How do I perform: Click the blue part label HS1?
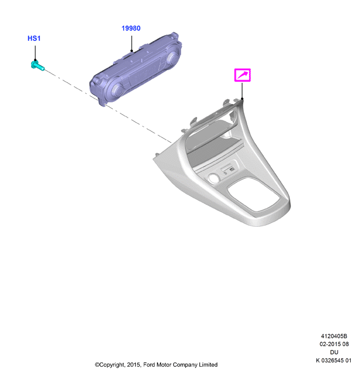tap(34, 39)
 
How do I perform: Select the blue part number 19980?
tap(131, 28)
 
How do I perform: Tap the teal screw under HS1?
tap(37, 66)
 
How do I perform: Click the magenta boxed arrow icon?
tap(242, 75)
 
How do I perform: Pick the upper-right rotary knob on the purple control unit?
tap(173, 58)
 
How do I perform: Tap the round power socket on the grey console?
tap(214, 178)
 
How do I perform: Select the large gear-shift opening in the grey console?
tap(254, 194)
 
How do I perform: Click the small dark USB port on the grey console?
tap(232, 169)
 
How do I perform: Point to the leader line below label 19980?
tap(132, 43)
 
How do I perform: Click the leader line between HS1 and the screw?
tap(35, 53)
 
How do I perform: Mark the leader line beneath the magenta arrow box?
tap(242, 90)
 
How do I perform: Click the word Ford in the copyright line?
tap(149, 364)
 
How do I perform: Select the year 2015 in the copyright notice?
tap(133, 364)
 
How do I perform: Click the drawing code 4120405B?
tap(334, 336)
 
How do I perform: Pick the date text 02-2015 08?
tap(334, 344)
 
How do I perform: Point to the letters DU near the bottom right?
tap(334, 352)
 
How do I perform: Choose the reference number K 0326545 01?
tap(334, 360)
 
